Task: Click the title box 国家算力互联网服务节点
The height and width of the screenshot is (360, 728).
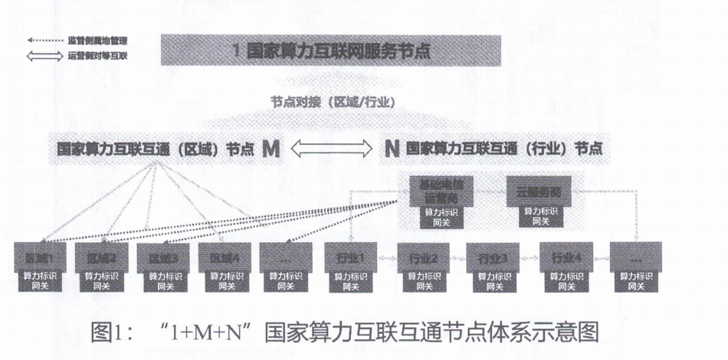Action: click(330, 52)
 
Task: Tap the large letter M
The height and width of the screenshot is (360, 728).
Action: click(271, 149)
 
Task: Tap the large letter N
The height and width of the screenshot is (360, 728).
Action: click(390, 149)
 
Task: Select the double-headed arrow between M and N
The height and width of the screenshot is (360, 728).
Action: click(330, 149)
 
